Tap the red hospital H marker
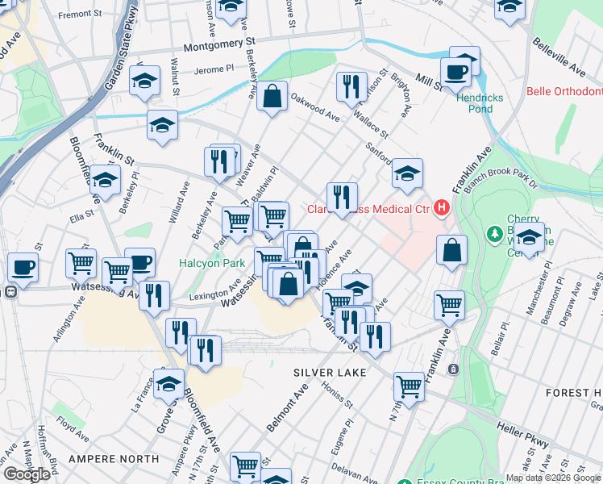[441, 209]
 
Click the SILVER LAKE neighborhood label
[330, 373]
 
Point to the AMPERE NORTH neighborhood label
[114, 459]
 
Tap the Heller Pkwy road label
[523, 436]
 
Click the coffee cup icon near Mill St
[455, 71]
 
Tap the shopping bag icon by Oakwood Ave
[272, 96]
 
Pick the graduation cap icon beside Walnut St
[144, 81]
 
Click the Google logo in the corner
[27, 474]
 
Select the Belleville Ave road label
[569, 52]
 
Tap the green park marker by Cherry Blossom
[493, 234]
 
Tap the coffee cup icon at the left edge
[23, 266]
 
